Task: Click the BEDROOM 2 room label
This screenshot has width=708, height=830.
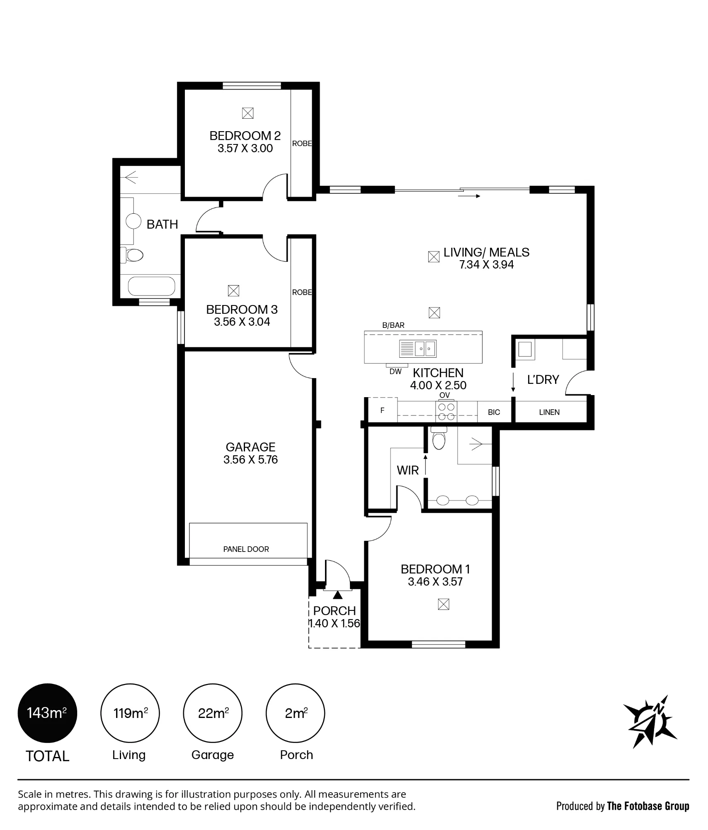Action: [245, 136]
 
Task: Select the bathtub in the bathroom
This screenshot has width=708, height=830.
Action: [151, 286]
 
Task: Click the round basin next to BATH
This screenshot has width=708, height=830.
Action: [133, 221]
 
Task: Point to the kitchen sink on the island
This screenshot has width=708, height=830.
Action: [418, 349]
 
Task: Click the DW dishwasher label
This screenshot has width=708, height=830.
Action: [395, 372]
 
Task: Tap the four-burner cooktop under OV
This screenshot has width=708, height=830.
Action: [446, 412]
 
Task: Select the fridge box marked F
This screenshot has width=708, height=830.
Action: [383, 410]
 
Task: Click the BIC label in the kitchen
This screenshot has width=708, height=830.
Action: [494, 412]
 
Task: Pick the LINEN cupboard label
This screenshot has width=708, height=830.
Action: [549, 412]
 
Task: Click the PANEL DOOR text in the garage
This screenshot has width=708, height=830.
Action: [246, 549]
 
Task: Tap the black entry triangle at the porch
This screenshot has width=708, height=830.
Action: [338, 595]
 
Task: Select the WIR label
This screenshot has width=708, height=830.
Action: [408, 470]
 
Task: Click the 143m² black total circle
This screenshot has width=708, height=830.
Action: [47, 713]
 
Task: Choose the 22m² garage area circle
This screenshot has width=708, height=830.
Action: [213, 713]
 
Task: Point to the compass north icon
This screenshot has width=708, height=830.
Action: [650, 721]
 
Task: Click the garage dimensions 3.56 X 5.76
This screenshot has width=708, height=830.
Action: [250, 459]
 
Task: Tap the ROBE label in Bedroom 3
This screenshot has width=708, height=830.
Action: [302, 292]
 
